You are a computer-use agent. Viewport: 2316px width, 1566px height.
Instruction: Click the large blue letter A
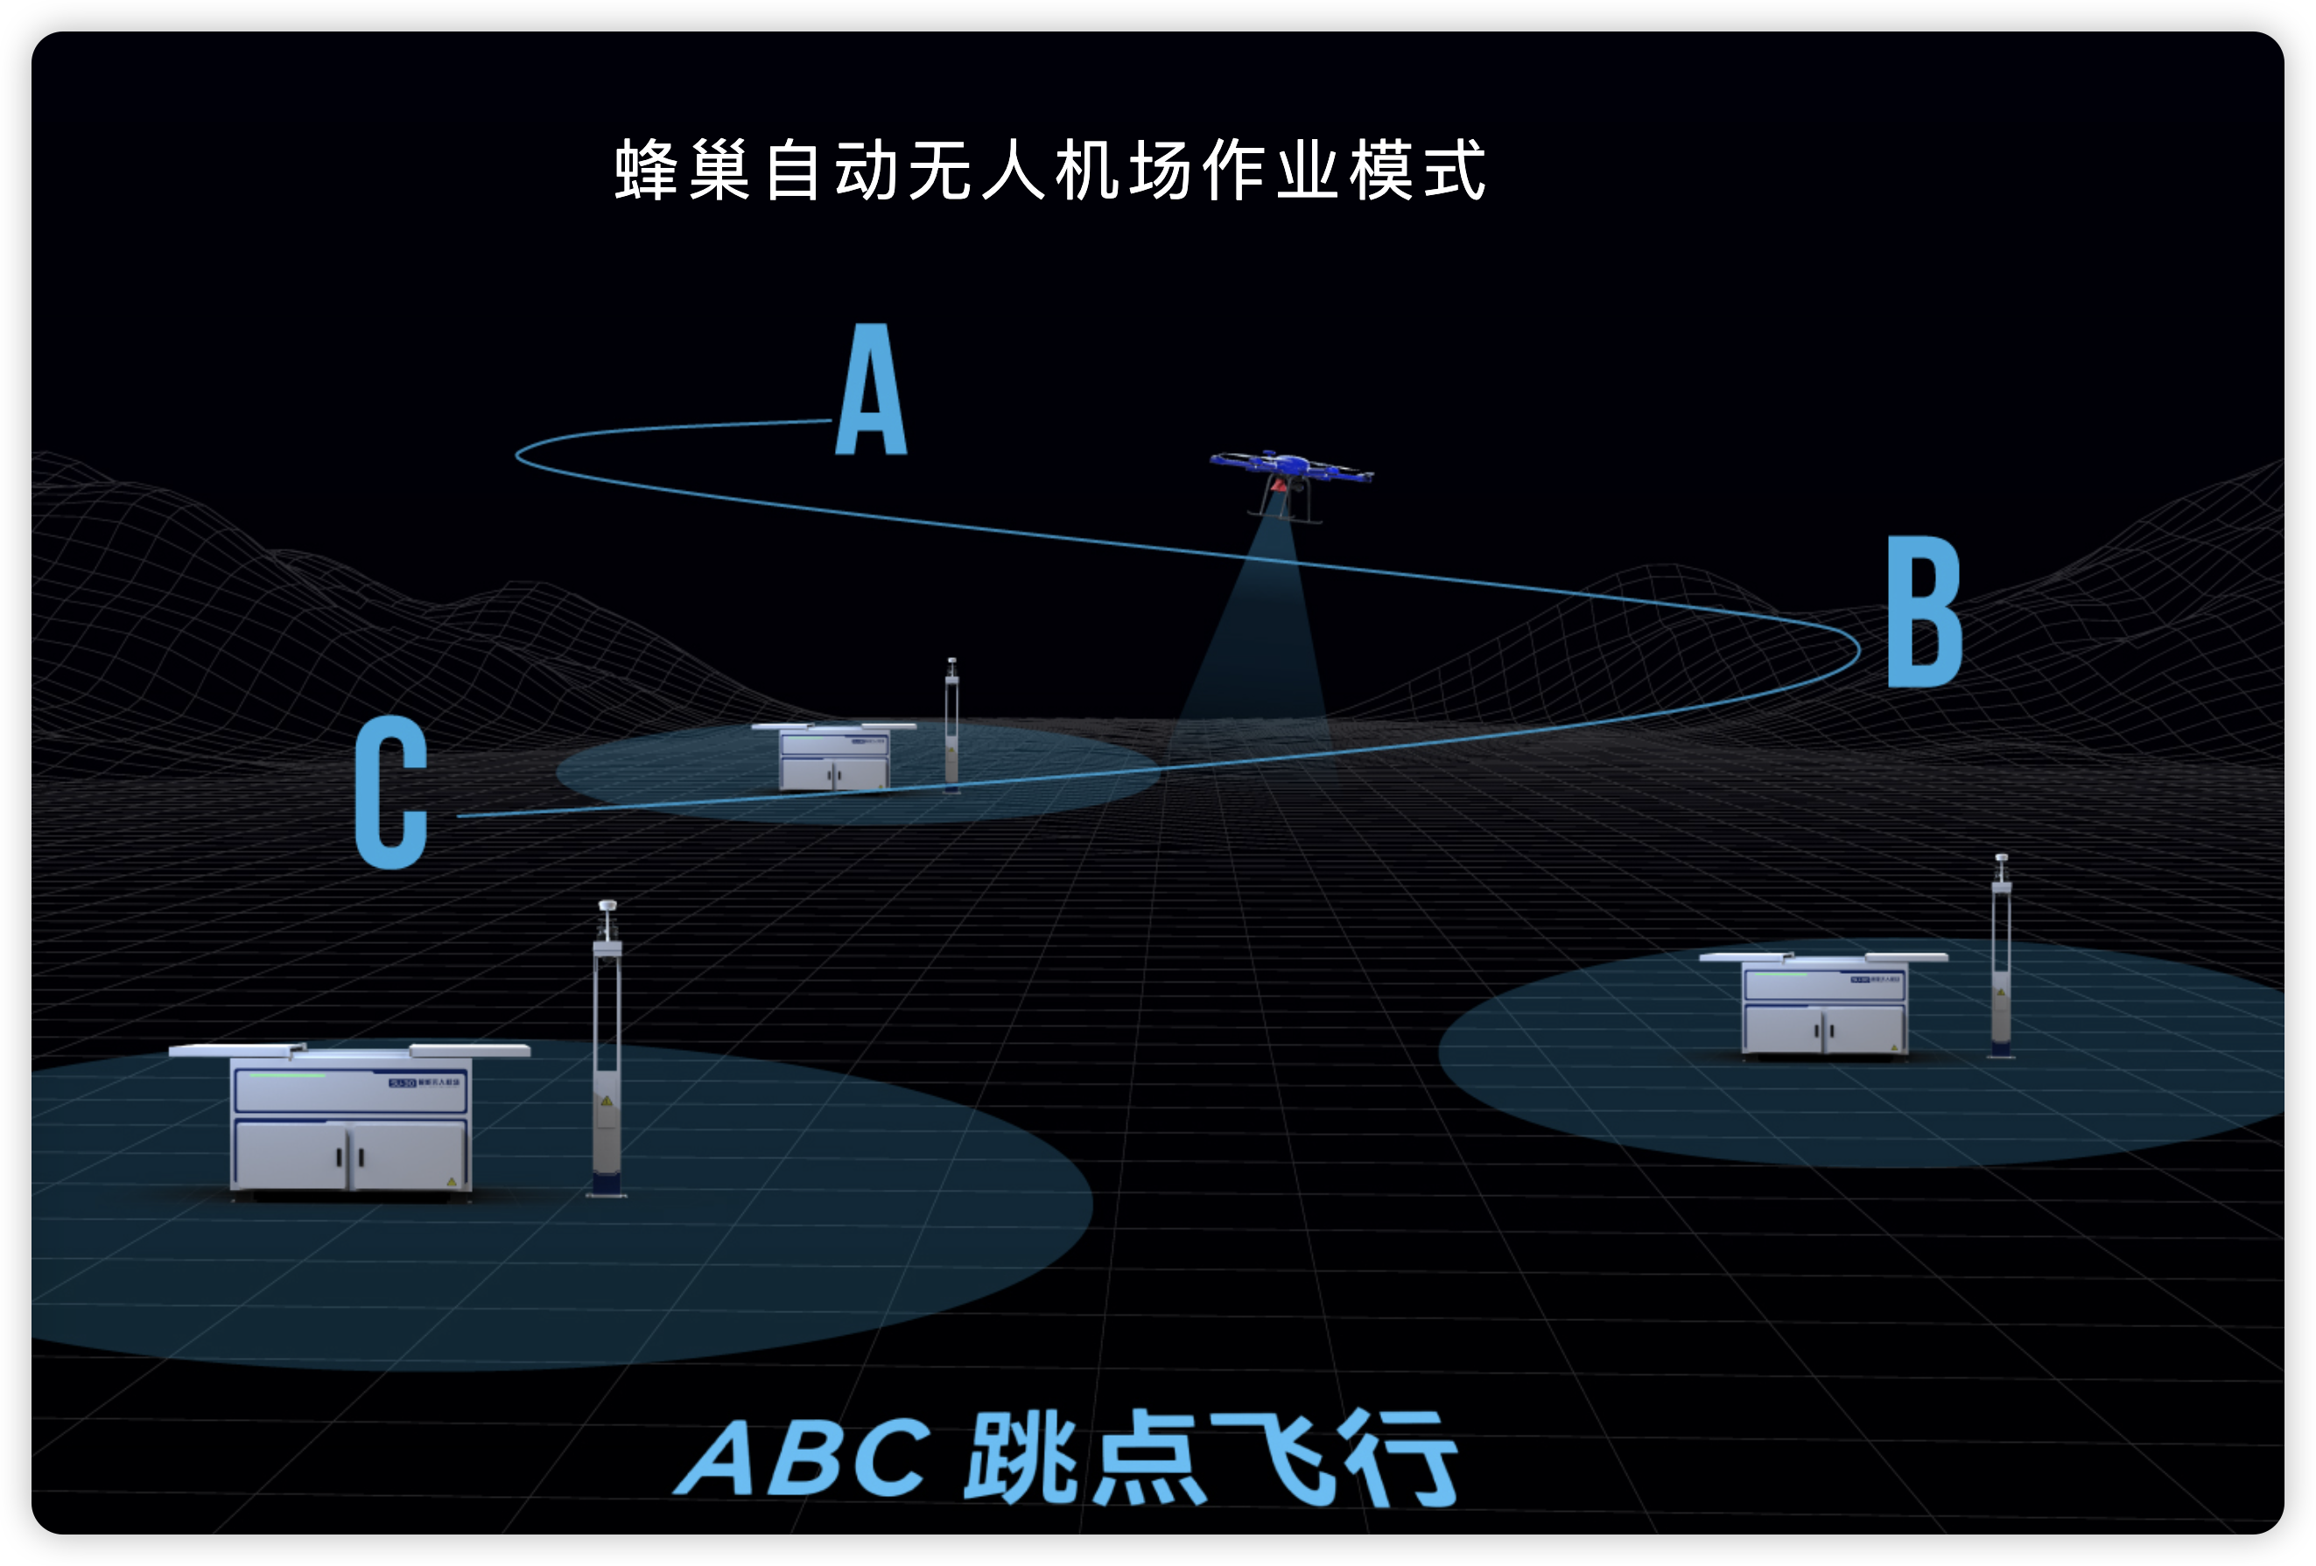(x=871, y=390)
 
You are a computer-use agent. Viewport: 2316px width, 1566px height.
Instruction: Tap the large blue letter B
(x=1923, y=611)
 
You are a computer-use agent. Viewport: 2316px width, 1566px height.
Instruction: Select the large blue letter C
(x=391, y=792)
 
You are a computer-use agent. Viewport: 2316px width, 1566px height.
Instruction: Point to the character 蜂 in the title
(x=647, y=171)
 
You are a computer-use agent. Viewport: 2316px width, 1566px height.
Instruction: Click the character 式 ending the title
(x=1456, y=171)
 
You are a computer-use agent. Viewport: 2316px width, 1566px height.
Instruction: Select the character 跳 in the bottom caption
(x=1021, y=1457)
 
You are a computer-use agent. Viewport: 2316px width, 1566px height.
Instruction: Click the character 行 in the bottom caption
(x=1401, y=1458)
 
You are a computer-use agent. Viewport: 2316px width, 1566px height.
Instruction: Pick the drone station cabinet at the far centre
(x=834, y=757)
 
